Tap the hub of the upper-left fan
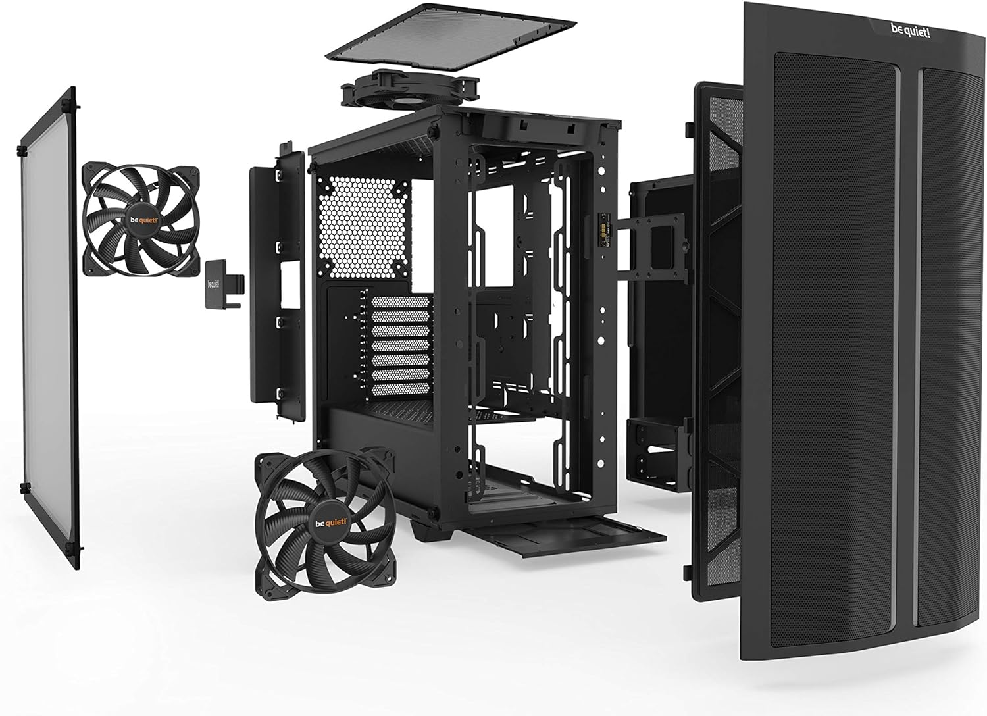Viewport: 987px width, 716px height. (141, 218)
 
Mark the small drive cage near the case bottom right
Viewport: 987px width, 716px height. (651, 454)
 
